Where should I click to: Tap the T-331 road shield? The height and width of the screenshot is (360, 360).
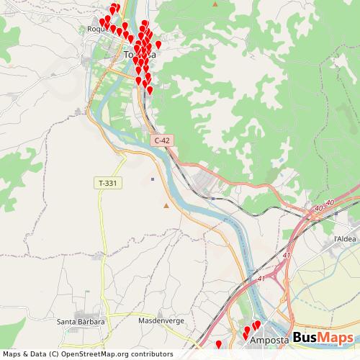click(x=107, y=184)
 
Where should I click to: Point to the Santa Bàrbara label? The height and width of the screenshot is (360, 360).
click(x=81, y=322)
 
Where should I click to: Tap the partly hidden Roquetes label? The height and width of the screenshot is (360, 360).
click(x=95, y=30)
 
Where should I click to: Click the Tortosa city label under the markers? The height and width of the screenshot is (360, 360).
click(x=139, y=55)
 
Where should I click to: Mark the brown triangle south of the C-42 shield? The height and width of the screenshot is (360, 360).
click(x=167, y=207)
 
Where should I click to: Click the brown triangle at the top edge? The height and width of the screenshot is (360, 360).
click(x=217, y=4)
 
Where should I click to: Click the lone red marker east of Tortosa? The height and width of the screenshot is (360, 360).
click(x=158, y=45)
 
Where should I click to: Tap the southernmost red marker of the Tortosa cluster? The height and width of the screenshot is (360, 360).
click(x=150, y=91)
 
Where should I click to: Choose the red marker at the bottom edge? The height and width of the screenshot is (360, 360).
click(x=219, y=346)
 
